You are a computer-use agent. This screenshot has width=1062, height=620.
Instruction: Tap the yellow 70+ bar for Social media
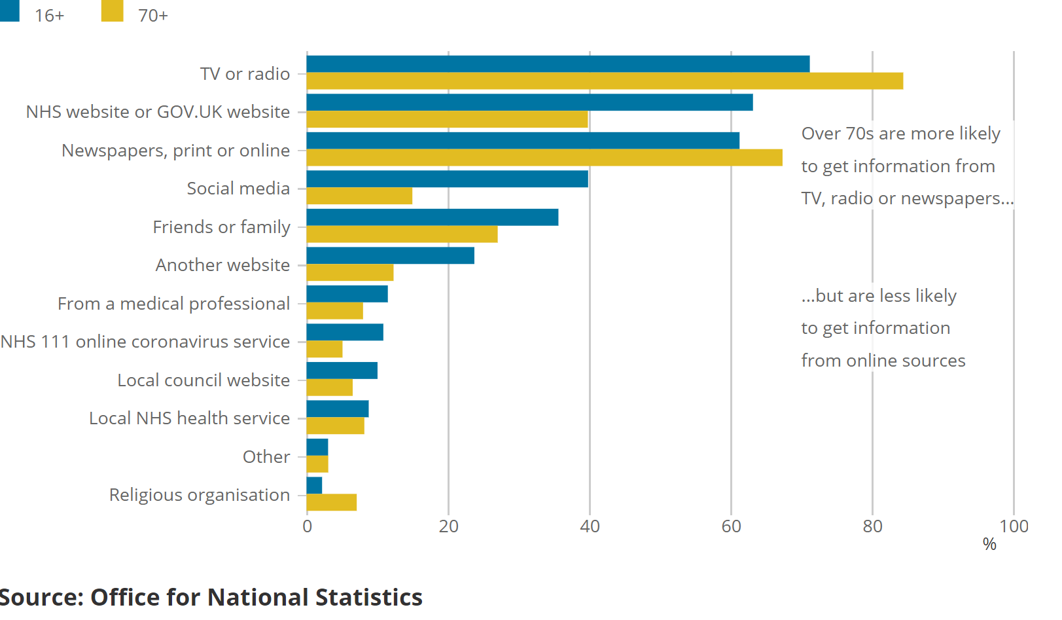[x=359, y=196]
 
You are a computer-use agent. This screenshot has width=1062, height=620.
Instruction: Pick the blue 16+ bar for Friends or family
[x=432, y=217]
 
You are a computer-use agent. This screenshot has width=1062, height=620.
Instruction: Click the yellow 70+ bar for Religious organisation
[x=332, y=503]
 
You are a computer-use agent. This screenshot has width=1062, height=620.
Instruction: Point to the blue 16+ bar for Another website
[x=390, y=256]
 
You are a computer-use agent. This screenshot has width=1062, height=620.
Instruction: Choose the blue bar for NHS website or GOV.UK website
[x=529, y=103]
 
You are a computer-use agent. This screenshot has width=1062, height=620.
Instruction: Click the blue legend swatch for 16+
[x=10, y=10]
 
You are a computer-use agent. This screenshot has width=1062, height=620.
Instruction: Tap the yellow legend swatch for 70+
[x=113, y=10]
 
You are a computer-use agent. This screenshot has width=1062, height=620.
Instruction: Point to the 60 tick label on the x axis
[x=731, y=527]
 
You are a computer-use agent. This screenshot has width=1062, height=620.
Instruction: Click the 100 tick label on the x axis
[x=1014, y=527]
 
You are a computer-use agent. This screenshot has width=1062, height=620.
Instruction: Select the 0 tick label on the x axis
[x=308, y=527]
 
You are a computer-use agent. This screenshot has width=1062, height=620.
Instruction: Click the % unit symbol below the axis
[x=989, y=545]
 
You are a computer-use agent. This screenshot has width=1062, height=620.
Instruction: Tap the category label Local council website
[x=204, y=380]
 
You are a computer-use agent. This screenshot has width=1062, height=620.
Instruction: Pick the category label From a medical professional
[x=173, y=304]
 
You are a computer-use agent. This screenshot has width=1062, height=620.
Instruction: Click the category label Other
[x=266, y=457]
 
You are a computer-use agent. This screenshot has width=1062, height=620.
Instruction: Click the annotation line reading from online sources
[x=883, y=361]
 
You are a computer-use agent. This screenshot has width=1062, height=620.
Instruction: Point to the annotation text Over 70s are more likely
[x=901, y=134]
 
